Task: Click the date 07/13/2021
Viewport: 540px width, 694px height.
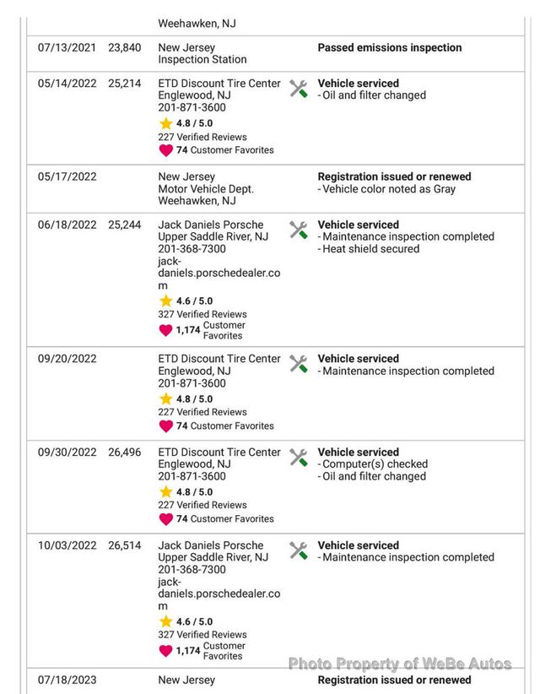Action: pyautogui.click(x=67, y=48)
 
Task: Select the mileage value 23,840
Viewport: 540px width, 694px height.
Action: pyautogui.click(x=125, y=48)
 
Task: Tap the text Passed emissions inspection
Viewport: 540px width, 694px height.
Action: pyautogui.click(x=389, y=48)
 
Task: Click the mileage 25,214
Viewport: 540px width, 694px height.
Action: pyautogui.click(x=125, y=84)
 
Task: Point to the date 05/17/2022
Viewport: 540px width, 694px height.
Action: pyautogui.click(x=67, y=176)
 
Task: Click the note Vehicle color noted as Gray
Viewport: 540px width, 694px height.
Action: pyautogui.click(x=389, y=189)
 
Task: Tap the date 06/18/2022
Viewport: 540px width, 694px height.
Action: pyautogui.click(x=67, y=225)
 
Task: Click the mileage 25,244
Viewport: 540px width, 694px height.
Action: pyautogui.click(x=125, y=225)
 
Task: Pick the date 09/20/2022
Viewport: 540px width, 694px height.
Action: pyautogui.click(x=67, y=359)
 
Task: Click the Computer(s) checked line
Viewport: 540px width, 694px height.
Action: pyautogui.click(x=375, y=464)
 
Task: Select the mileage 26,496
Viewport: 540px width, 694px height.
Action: pyautogui.click(x=125, y=453)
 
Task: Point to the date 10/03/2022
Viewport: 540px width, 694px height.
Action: pyautogui.click(x=67, y=545)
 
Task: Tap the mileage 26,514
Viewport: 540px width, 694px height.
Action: pyautogui.click(x=125, y=545)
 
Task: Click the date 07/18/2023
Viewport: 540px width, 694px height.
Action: pyautogui.click(x=67, y=680)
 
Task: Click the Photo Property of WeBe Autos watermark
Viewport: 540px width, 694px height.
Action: pyautogui.click(x=400, y=664)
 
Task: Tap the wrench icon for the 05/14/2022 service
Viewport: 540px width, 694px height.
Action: pyautogui.click(x=298, y=89)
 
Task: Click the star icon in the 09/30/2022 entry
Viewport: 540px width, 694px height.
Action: pyautogui.click(x=165, y=492)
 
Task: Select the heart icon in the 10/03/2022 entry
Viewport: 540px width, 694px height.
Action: pyautogui.click(x=165, y=650)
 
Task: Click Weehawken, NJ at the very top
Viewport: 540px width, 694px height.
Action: pyautogui.click(x=197, y=24)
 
